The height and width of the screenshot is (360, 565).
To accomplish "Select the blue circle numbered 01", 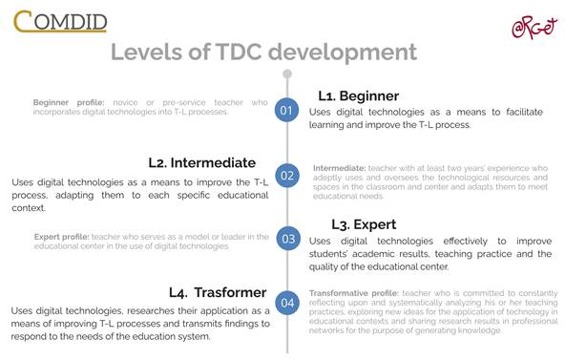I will point(287,111).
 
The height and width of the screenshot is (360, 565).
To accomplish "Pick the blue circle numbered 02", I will point(287,175).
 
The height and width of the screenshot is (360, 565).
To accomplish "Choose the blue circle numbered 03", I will point(287,239).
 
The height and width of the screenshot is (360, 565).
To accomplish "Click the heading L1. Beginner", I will point(358,96).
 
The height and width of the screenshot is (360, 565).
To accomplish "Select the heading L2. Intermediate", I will point(201,162).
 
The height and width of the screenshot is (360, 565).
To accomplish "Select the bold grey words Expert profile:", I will point(62,237).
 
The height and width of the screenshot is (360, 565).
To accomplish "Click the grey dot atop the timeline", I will point(287,74).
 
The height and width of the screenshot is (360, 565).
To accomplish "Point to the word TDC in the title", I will point(247,52).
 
